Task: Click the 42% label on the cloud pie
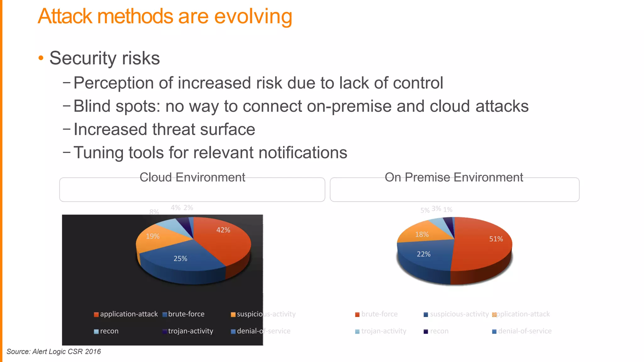223,230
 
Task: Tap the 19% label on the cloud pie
153,236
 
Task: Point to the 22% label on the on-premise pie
423,254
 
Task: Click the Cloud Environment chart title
192,178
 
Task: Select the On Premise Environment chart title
454,178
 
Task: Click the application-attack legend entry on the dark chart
126,314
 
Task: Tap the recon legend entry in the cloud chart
106,331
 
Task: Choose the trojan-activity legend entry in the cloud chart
188,331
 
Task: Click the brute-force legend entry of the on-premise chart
376,314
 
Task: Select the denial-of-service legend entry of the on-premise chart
522,331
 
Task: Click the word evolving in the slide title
253,16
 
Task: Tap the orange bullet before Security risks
41,58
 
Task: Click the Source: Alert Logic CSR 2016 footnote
53,352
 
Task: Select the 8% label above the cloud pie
154,212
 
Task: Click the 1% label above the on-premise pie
448,210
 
